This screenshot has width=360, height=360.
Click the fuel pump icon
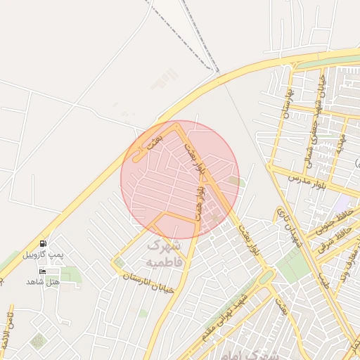44,243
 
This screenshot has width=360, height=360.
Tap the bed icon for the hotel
42,271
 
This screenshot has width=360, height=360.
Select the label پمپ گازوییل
44,254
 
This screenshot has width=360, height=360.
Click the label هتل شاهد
43,282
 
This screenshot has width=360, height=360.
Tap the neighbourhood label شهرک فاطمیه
163,255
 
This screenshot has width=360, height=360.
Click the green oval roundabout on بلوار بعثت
264,278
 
